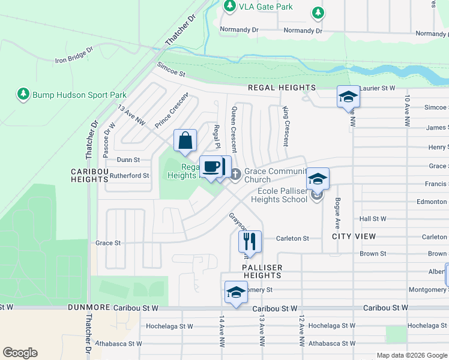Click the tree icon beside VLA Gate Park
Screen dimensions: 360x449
pyautogui.click(x=229, y=5)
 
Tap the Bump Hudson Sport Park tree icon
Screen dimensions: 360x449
pyautogui.click(x=23, y=94)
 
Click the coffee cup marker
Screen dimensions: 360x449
pyautogui.click(x=210, y=166)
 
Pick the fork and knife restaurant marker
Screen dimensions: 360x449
pyautogui.click(x=249, y=241)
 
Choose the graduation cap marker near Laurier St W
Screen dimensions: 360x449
pyautogui.click(x=348, y=96)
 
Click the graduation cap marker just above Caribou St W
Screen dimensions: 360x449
pyautogui.click(x=235, y=292)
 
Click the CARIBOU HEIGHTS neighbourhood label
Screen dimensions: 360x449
pyautogui.click(x=89, y=175)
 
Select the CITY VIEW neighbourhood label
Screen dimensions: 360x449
pyautogui.click(x=354, y=237)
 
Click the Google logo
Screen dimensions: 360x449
pyautogui.click(x=20, y=353)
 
